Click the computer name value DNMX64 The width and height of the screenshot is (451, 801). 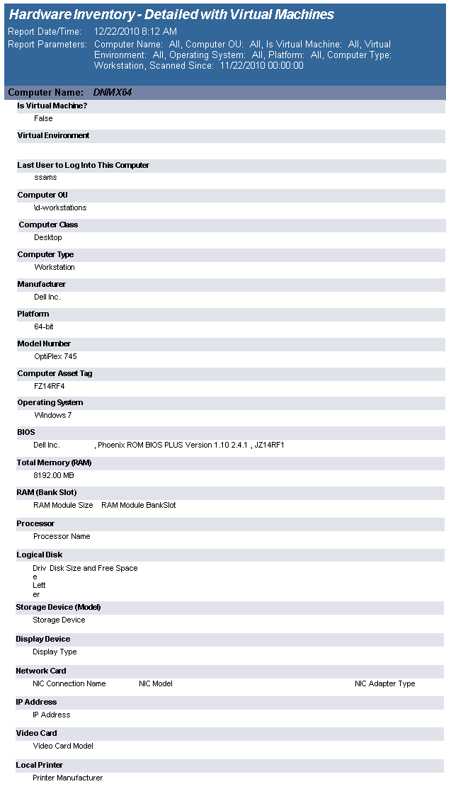coord(112,93)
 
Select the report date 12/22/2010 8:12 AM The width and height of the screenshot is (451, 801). coord(135,32)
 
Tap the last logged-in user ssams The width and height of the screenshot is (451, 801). coord(45,178)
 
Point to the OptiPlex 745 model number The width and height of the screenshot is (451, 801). coord(55,356)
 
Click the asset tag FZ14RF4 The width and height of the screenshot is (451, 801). coord(50,386)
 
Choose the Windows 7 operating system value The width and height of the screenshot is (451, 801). coord(53,415)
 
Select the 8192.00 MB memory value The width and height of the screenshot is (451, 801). coord(54,475)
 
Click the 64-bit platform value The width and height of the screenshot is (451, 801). coord(44,326)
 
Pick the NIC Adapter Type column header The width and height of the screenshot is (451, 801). coord(384,683)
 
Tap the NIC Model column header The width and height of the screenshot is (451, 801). coord(156,683)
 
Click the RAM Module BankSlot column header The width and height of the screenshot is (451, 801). coord(139,505)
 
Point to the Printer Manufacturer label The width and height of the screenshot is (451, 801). coord(67,778)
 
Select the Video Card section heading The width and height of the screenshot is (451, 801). coord(36,733)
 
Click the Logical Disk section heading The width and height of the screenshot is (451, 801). coord(40,555)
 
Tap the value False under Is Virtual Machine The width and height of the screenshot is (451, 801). coord(43,118)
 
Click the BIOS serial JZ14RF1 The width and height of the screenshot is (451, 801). coord(270,445)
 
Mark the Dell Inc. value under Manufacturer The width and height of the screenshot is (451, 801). coord(47,297)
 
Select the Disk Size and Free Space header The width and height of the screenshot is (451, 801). coord(93,568)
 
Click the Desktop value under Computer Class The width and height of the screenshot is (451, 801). coord(48,237)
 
